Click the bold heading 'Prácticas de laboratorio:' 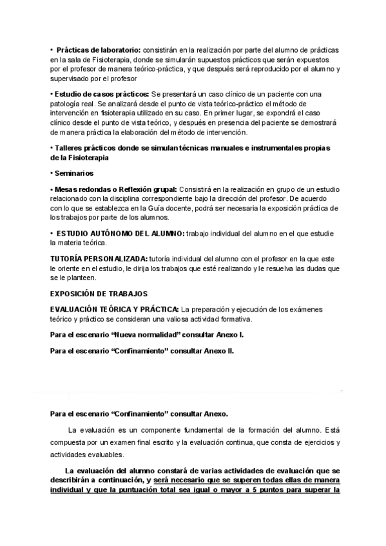pos(98,50)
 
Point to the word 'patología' pos(67,104)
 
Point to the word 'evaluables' pos(105,454)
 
